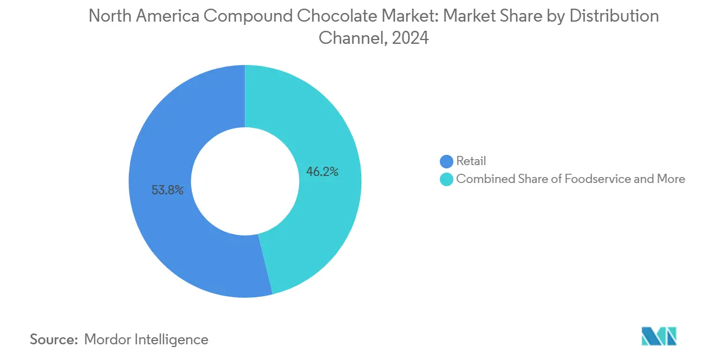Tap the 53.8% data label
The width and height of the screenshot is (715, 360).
(167, 190)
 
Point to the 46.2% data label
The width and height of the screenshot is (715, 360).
(323, 172)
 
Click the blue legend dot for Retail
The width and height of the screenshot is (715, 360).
(446, 161)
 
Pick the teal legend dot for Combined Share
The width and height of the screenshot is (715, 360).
(446, 179)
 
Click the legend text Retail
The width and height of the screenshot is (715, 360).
(471, 161)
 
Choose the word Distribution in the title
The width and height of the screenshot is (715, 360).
(614, 16)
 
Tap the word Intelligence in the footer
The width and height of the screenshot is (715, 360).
(173, 339)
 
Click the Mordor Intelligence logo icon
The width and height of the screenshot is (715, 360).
(659, 336)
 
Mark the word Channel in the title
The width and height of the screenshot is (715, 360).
(349, 38)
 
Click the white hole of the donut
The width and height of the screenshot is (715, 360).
(245, 181)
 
